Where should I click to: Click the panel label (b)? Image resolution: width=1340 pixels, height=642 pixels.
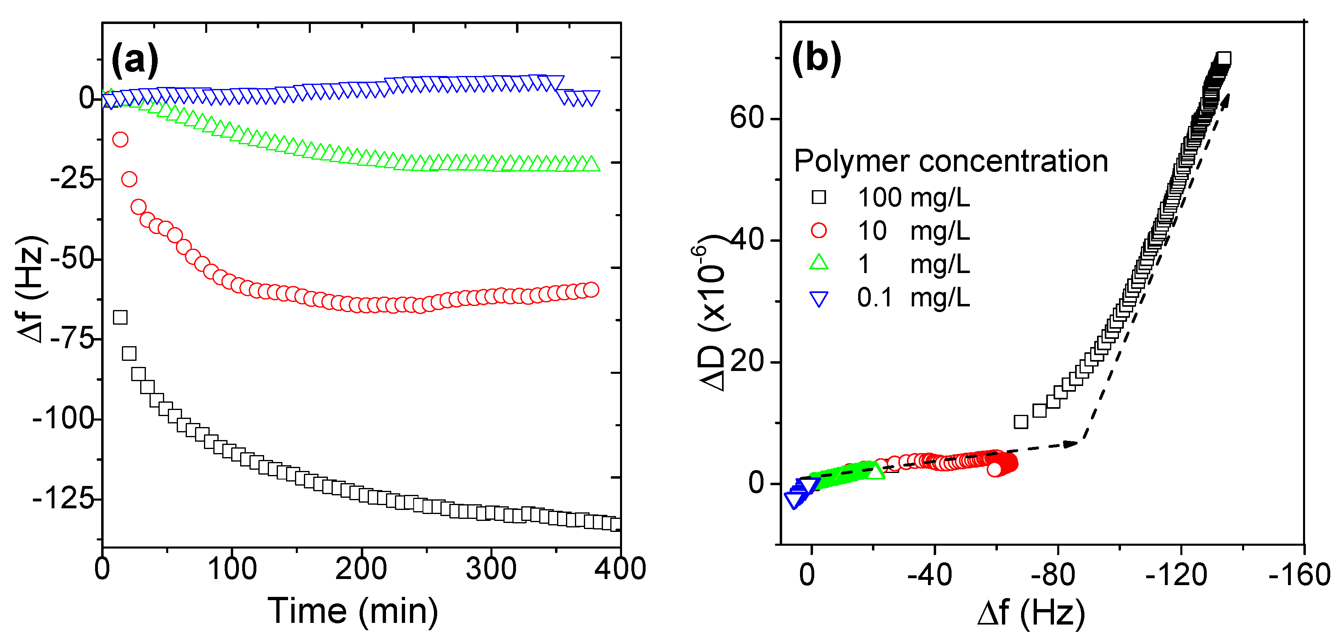(x=815, y=58)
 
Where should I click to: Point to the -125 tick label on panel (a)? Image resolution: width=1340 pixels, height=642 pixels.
(x=63, y=499)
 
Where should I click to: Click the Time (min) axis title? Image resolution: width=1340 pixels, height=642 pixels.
(x=353, y=611)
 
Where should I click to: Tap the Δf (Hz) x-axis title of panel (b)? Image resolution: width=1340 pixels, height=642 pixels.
(x=1031, y=613)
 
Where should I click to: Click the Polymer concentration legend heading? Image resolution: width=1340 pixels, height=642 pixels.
(x=951, y=161)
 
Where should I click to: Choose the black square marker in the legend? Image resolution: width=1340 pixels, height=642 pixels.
(x=819, y=197)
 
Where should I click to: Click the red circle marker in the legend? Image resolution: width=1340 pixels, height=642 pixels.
(x=819, y=230)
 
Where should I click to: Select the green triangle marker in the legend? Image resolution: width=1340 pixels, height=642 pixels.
(x=819, y=263)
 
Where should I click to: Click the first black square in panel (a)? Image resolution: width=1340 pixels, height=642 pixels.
(x=120, y=317)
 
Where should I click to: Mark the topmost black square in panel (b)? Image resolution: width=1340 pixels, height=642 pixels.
(x=1224, y=58)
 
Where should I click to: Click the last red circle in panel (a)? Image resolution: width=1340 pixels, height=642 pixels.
(x=591, y=290)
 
